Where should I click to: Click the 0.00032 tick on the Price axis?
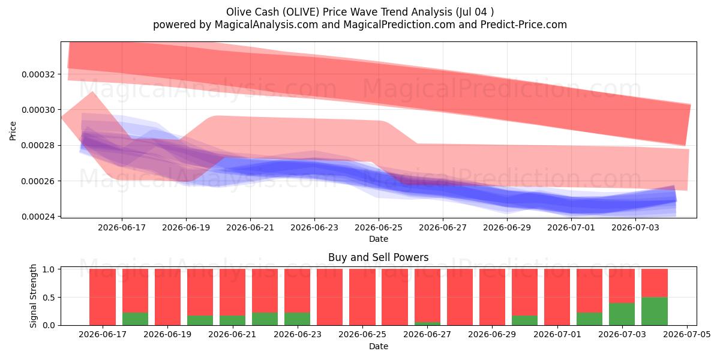pos(38,74)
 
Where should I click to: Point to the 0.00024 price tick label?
pos(38,217)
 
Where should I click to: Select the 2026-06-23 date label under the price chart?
pos(314,227)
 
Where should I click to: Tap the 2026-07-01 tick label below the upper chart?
pos(571,227)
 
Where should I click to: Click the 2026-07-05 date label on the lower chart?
pos(687,334)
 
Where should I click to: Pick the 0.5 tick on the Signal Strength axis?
pos(49,298)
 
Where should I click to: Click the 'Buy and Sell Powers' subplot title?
pos(379,257)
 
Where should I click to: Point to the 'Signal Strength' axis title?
pos(33,296)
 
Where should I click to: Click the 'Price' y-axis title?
pos(13,131)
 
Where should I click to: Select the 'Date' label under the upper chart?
pos(379,239)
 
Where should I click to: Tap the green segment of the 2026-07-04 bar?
pos(655,311)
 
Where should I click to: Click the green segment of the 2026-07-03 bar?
pos(622,314)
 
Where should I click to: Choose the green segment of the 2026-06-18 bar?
pos(136,319)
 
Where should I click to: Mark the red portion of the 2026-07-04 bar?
pos(655,283)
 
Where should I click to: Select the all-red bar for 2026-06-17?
pos(103,297)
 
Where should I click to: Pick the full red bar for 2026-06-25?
pos(362,297)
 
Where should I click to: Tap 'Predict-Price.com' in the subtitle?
pos(524,25)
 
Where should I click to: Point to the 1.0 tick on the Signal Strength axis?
pos(49,269)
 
